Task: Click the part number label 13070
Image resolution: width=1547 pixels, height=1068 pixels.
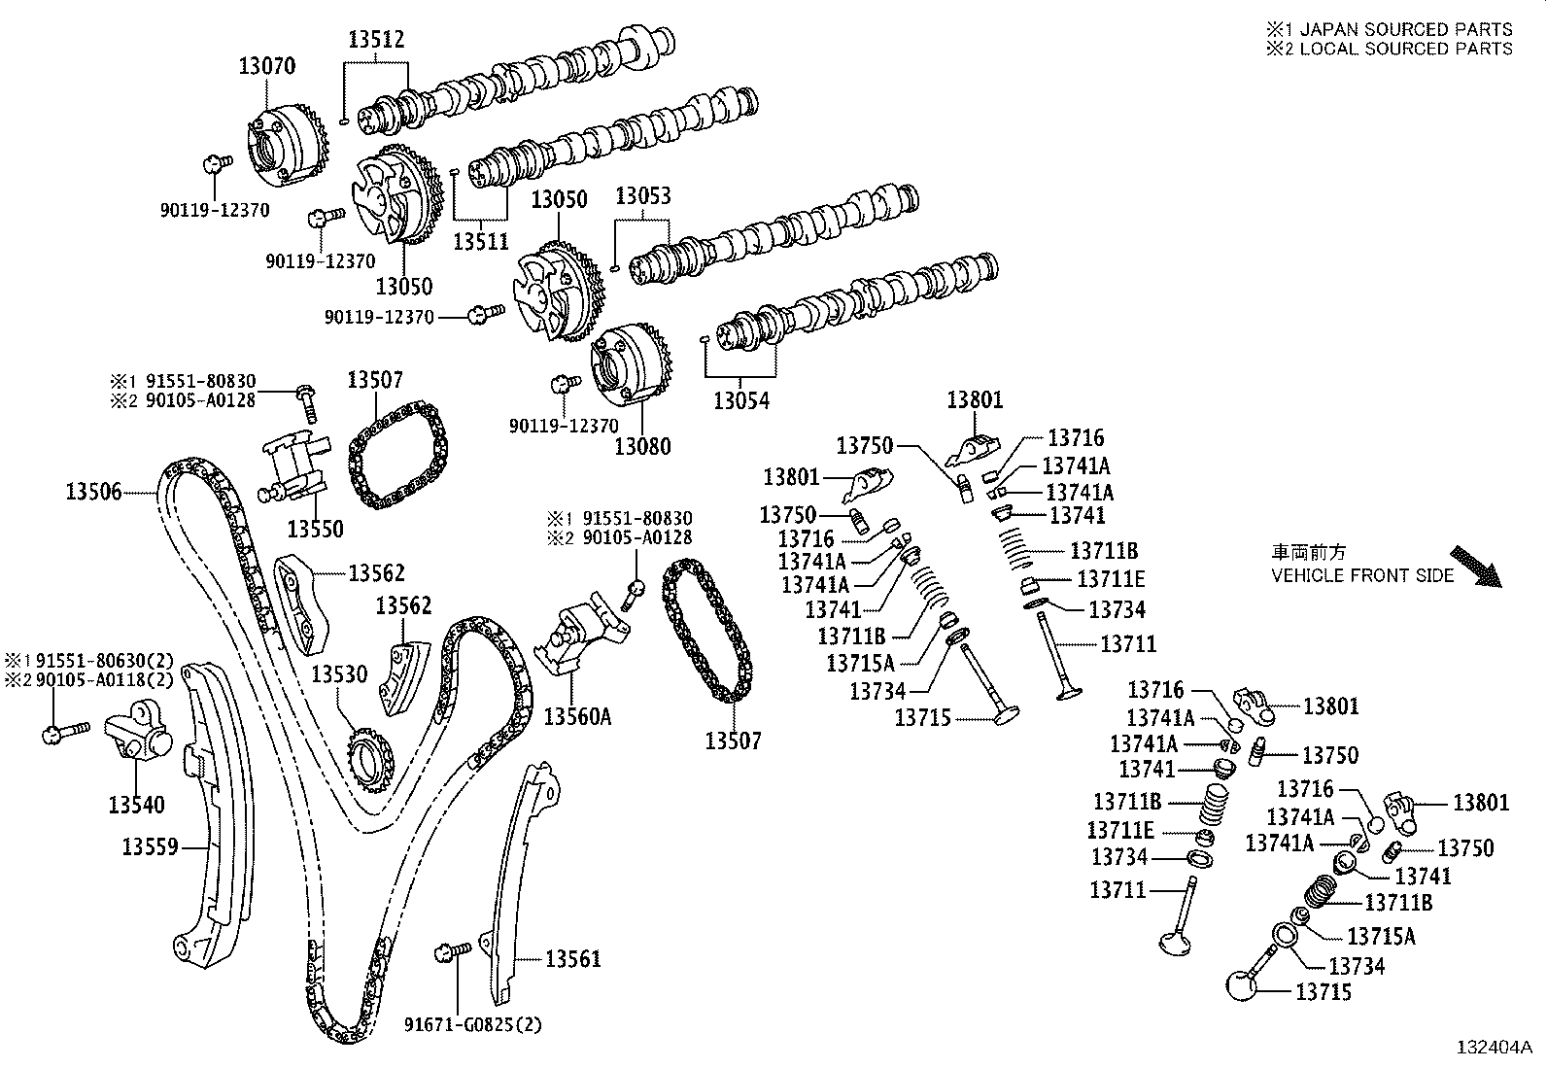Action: tap(267, 66)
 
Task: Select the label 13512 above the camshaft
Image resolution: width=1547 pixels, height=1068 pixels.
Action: tap(376, 40)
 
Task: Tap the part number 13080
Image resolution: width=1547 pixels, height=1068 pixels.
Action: tap(642, 446)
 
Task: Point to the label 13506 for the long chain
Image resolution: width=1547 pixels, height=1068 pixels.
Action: tap(94, 492)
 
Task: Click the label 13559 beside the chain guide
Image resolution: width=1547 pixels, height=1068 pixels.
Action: tap(151, 847)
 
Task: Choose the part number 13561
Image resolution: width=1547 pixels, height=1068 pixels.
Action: tap(572, 959)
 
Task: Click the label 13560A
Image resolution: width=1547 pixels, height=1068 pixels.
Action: tap(577, 717)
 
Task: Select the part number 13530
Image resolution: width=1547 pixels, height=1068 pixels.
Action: tap(339, 674)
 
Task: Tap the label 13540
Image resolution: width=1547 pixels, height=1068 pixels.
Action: tap(136, 805)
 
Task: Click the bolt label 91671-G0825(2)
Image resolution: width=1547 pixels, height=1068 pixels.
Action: tap(473, 1024)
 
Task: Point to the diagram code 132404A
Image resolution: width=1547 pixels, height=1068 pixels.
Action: tap(1494, 1048)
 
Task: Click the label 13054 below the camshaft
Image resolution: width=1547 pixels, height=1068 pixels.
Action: tap(741, 399)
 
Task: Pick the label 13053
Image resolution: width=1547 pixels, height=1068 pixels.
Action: tap(642, 196)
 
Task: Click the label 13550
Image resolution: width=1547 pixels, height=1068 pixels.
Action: tap(315, 529)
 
